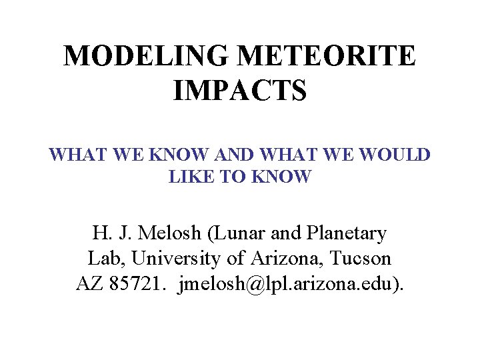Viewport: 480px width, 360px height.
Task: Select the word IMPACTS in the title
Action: (240, 91)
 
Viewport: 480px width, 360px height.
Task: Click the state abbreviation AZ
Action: (89, 283)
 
